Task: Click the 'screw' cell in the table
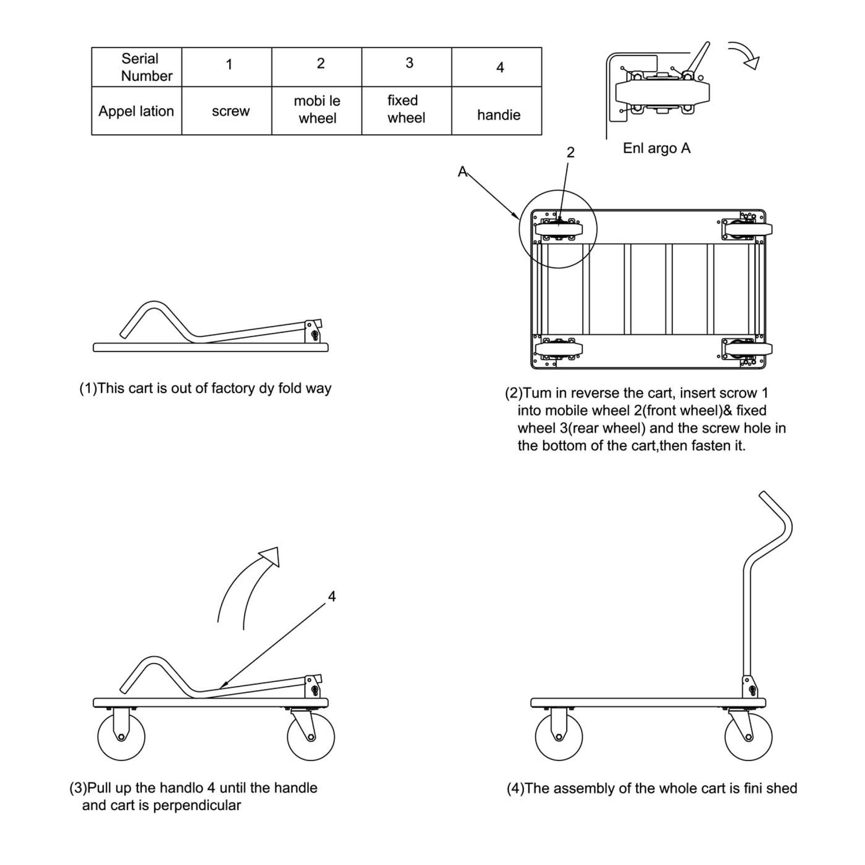(x=230, y=111)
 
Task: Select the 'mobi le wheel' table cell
(x=317, y=110)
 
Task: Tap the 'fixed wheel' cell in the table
(x=406, y=109)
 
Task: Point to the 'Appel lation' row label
(x=136, y=111)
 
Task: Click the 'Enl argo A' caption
(x=656, y=148)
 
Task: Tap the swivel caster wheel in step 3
(x=311, y=737)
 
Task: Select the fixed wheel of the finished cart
(x=559, y=737)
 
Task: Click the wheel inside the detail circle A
(x=559, y=229)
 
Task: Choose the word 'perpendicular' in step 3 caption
(x=197, y=805)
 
